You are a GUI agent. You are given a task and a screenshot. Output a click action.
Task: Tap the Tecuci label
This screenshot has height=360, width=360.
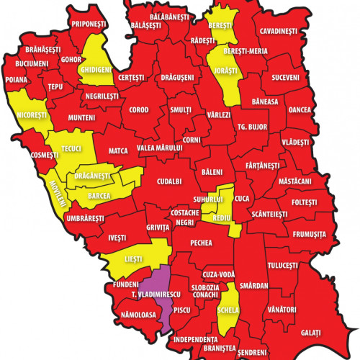(72, 148)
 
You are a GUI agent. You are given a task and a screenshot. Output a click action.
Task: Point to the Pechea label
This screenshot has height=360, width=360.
(201, 243)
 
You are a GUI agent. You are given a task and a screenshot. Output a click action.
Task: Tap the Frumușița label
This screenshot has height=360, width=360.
(310, 235)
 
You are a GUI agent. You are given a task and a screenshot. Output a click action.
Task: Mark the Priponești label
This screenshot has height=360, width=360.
(89, 24)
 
